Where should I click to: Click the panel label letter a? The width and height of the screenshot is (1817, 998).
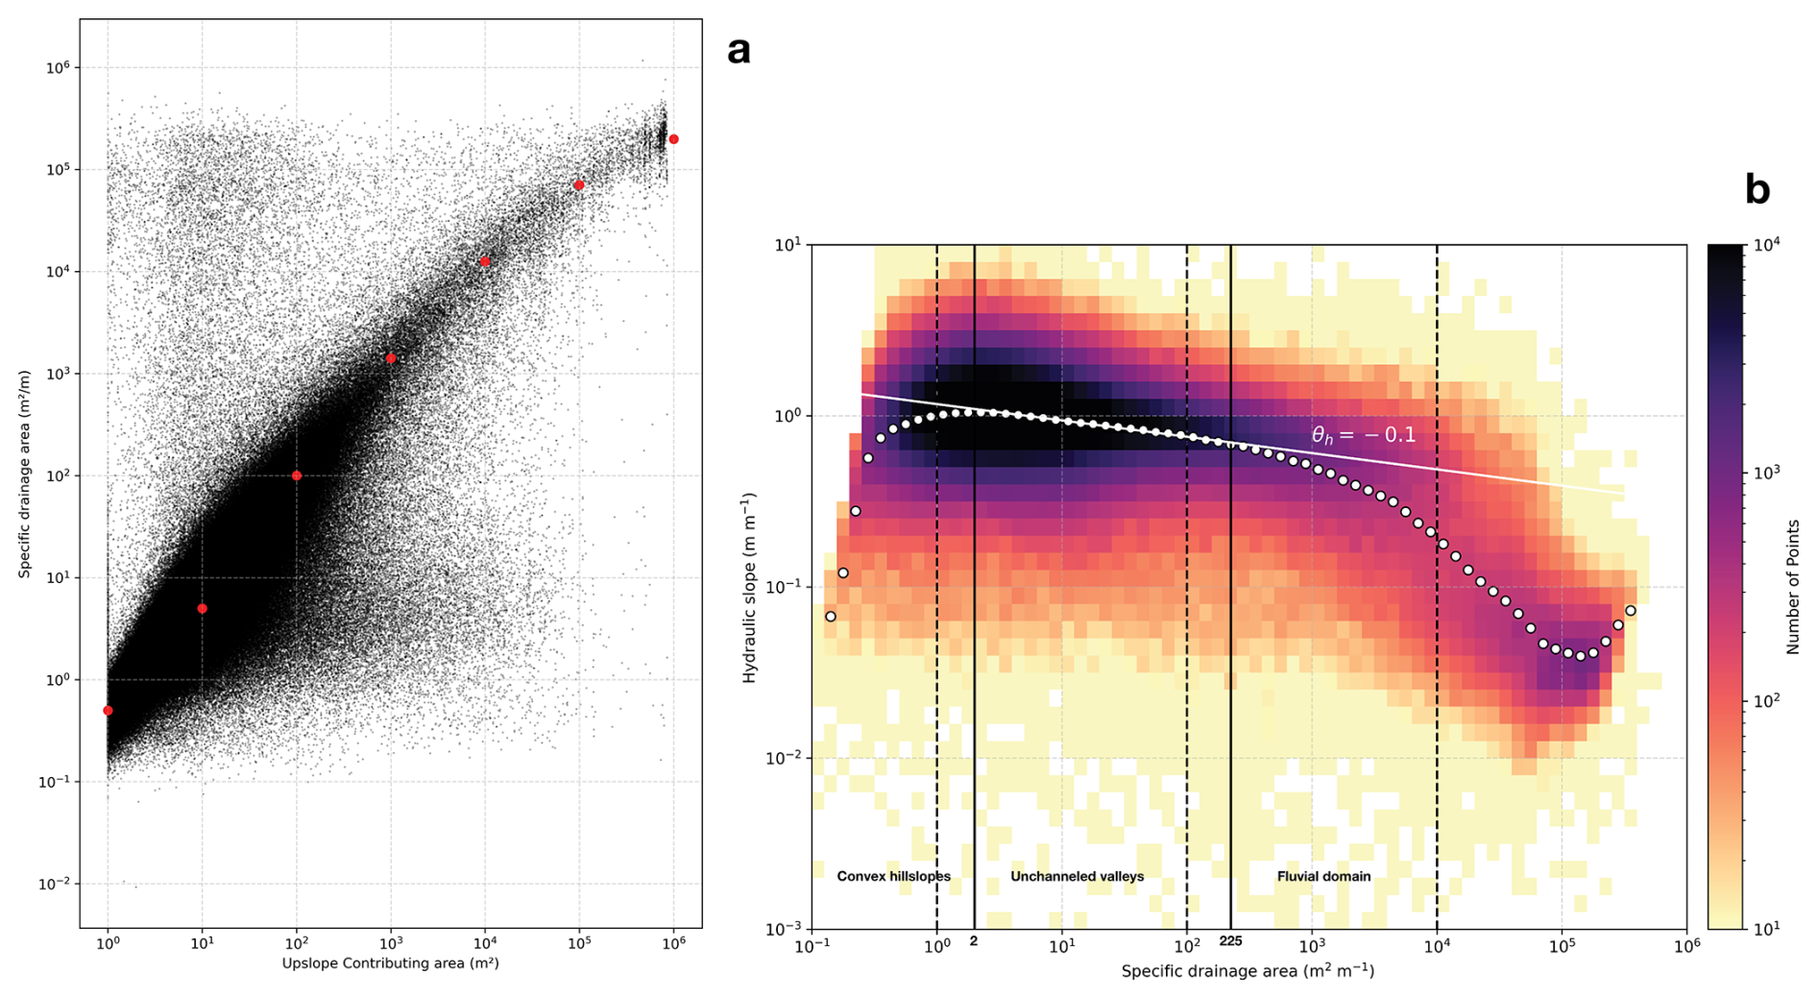click(739, 50)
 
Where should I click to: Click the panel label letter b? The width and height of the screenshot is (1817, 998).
click(1756, 190)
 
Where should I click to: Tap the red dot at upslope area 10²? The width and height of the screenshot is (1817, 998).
click(297, 475)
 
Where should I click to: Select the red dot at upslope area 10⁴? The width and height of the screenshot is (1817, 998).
click(485, 261)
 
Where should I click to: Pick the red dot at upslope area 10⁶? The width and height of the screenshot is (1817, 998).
click(673, 139)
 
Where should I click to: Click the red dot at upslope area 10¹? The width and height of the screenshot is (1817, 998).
click(202, 608)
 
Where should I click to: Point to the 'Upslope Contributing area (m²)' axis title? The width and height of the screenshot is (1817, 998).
click(390, 962)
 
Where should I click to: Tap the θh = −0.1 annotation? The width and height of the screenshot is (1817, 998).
click(1363, 435)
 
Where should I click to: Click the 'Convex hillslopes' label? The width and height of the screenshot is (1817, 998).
click(893, 876)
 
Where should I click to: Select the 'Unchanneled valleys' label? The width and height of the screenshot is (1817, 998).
click(1077, 876)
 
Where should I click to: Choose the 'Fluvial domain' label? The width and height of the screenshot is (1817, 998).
click(1323, 876)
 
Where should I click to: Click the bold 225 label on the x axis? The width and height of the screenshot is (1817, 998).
click(1230, 941)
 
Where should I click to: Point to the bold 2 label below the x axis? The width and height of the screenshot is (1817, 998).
click(974, 941)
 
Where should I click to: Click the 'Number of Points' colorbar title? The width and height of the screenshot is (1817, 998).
click(1792, 587)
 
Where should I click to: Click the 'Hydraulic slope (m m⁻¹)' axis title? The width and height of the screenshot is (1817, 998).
click(749, 587)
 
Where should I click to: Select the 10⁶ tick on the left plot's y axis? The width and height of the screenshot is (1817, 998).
click(58, 68)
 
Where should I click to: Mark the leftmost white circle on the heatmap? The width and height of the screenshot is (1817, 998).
click(831, 617)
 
